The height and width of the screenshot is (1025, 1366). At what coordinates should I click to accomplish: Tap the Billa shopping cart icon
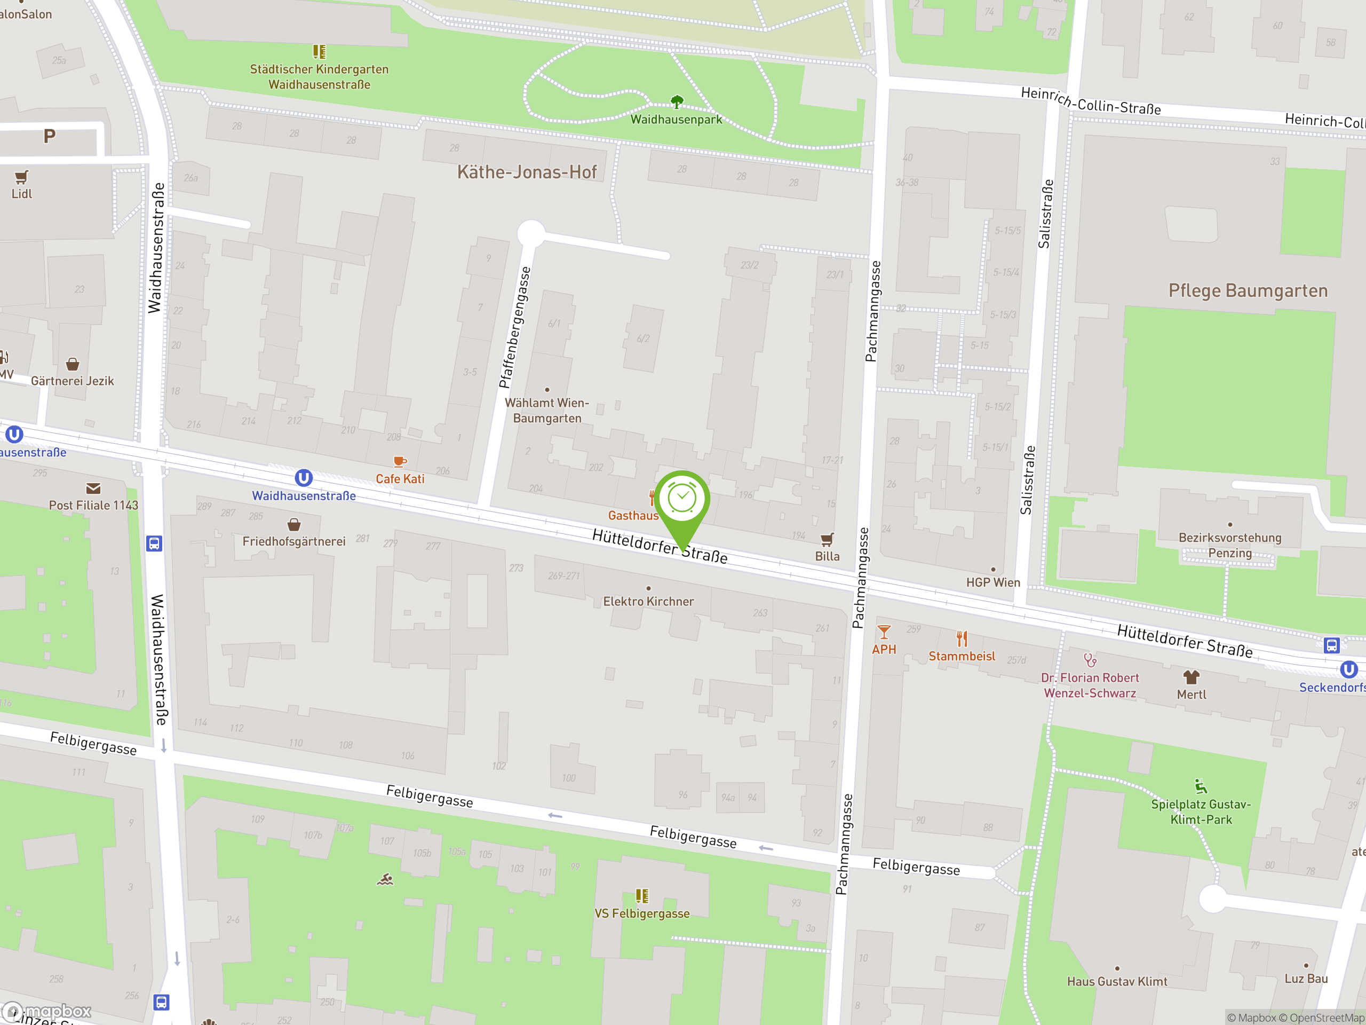tap(827, 539)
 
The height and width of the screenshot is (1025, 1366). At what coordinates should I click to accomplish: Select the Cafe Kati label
tap(400, 479)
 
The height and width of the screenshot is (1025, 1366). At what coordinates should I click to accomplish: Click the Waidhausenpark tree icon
tap(677, 101)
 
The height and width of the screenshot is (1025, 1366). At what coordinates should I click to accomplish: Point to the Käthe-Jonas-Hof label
tap(527, 172)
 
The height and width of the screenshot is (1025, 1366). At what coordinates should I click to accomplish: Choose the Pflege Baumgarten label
tap(1248, 291)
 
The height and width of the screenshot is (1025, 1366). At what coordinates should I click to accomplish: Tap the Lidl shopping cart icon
tap(22, 178)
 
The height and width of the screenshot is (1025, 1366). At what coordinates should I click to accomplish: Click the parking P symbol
tap(50, 136)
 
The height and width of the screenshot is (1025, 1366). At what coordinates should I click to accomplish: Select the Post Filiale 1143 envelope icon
tap(93, 488)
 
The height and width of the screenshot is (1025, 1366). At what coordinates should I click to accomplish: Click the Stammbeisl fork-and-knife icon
tap(962, 639)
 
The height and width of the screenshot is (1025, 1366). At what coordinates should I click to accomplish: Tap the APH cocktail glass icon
tap(884, 632)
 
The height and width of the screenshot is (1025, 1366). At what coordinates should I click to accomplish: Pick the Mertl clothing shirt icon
tap(1191, 677)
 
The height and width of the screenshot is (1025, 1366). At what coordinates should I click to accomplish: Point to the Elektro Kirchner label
tap(648, 601)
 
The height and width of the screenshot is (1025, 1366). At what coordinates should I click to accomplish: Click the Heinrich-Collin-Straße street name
tap(1091, 102)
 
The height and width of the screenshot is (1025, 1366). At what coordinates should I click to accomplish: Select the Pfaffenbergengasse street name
tap(514, 327)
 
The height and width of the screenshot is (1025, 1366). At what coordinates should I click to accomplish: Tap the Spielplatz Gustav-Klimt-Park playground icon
tap(1201, 786)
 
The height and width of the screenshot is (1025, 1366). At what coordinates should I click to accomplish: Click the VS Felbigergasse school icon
tap(642, 896)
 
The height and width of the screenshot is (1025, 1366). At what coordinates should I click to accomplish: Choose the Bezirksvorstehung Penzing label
tap(1229, 545)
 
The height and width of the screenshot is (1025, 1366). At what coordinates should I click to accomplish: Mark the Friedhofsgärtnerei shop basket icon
tap(294, 525)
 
